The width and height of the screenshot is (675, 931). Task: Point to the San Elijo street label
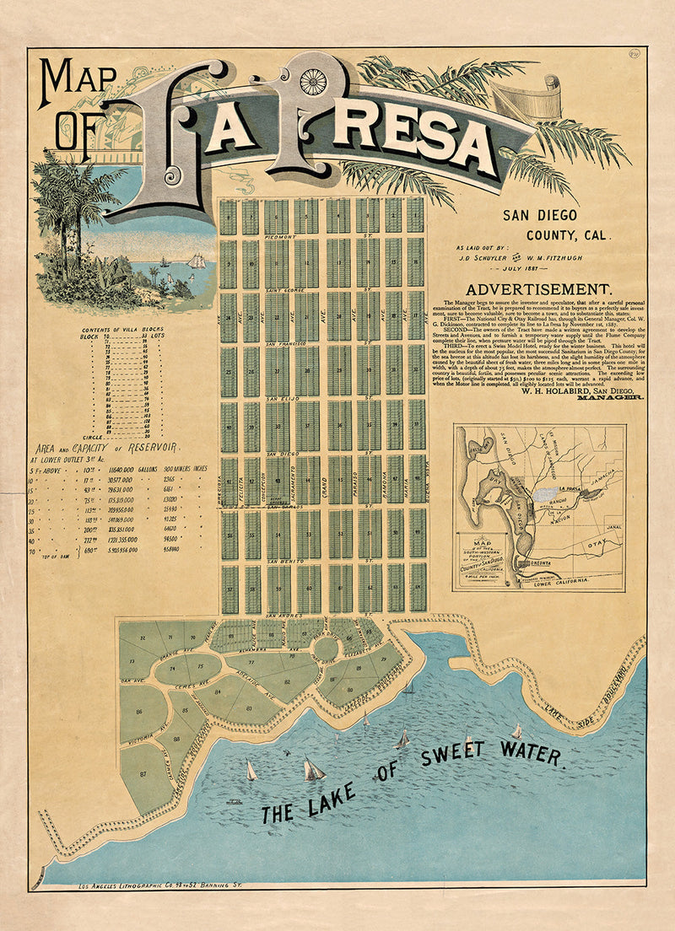[281, 397]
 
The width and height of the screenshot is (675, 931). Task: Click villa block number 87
[143, 772]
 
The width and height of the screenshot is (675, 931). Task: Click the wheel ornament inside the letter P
[312, 81]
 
